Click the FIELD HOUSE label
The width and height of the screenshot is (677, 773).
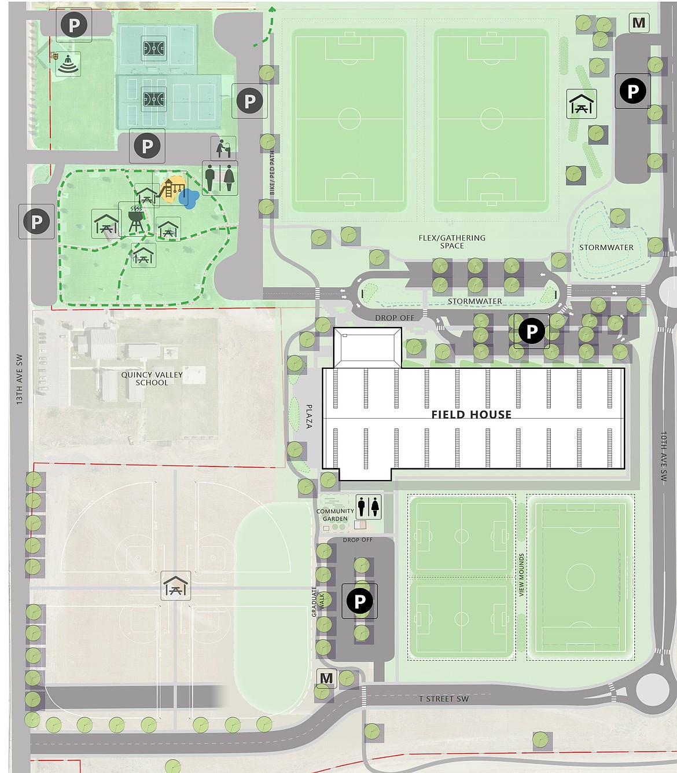coord(471,415)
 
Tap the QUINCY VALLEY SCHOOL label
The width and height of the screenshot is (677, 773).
coord(152,379)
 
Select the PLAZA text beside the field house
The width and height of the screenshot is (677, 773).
coord(309,416)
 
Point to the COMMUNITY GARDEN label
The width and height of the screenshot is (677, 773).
coord(335,515)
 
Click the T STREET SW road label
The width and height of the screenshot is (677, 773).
coord(444,699)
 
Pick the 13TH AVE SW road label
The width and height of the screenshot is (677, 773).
coord(19,379)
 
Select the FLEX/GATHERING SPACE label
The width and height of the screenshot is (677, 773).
coord(452,241)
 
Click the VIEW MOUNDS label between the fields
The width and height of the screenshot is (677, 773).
coord(521,574)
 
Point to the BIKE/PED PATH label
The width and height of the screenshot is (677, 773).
coord(272,173)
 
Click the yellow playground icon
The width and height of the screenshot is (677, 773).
coord(171,189)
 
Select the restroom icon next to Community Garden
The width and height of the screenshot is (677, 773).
coord(369,507)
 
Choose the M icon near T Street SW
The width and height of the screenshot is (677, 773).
coord(326,679)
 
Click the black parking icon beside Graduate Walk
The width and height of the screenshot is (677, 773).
coord(359,601)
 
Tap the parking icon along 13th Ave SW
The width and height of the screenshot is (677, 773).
coord(36,221)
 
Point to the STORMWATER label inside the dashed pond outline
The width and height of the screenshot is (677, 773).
coord(606,247)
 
